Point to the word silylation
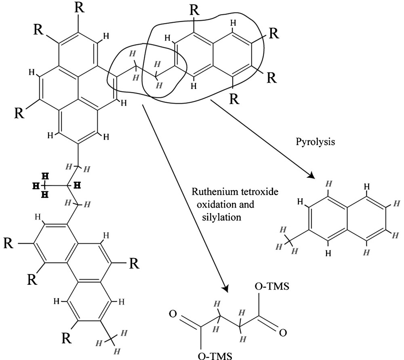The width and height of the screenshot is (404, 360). point(222,217)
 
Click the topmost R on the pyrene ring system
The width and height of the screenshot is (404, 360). point(80,8)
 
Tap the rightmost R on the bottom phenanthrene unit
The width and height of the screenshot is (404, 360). point(134,264)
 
